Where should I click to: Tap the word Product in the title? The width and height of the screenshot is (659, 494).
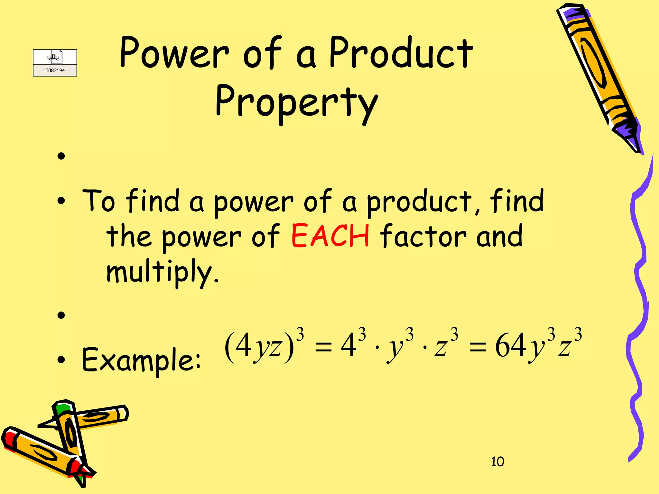tap(401, 53)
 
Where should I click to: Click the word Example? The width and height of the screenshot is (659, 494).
tap(141, 360)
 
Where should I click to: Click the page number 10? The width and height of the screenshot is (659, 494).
tap(497, 462)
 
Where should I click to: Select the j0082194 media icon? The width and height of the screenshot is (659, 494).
tap(55, 63)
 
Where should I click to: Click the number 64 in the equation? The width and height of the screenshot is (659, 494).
tap(510, 346)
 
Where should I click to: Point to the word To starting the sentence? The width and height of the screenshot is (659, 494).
tap(98, 201)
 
